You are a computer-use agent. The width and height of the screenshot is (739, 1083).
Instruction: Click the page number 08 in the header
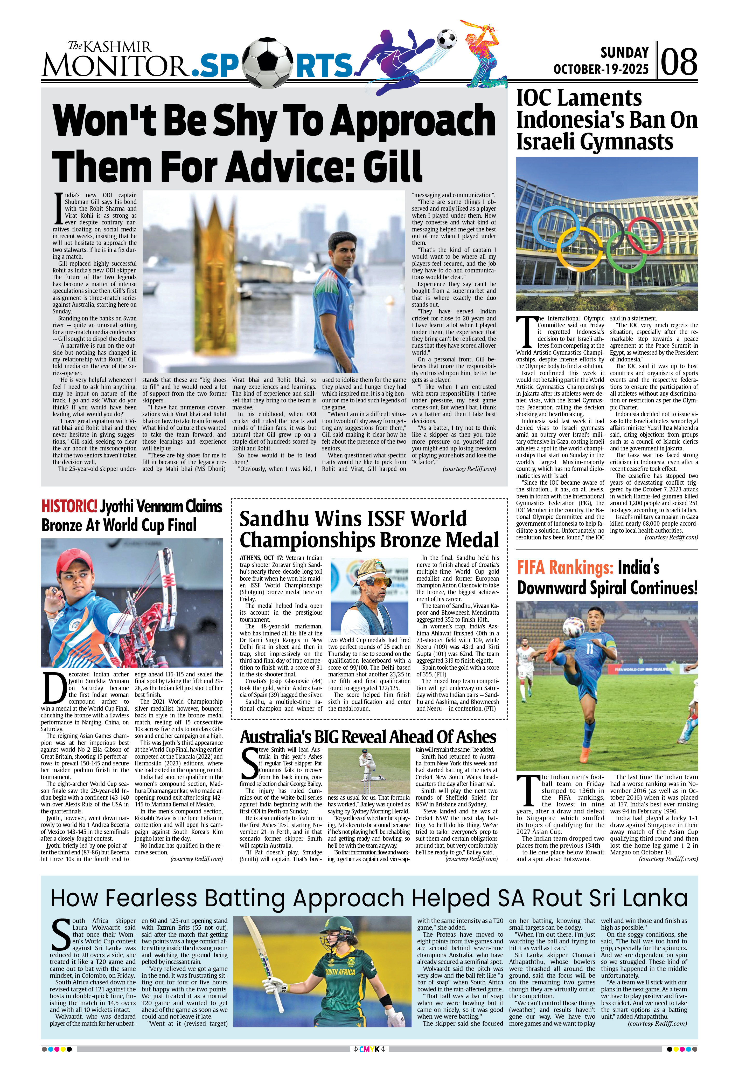[x=679, y=62]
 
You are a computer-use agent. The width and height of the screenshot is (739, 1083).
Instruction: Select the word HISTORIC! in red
[x=69, y=506]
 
